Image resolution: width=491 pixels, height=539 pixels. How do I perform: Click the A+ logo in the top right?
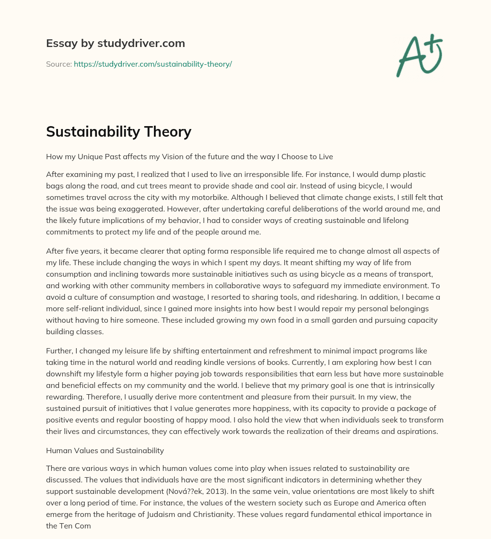tap(419, 55)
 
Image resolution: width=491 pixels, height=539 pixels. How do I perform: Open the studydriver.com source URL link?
tap(152, 64)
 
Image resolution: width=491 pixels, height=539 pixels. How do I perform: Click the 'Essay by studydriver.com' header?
tap(116, 43)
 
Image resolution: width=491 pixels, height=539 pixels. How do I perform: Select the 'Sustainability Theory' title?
tap(118, 131)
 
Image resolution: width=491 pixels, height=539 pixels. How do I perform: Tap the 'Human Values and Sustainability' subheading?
tap(105, 450)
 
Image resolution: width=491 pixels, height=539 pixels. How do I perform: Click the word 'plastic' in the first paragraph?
tap(414, 174)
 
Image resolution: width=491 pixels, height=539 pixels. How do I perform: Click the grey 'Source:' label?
tap(58, 64)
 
